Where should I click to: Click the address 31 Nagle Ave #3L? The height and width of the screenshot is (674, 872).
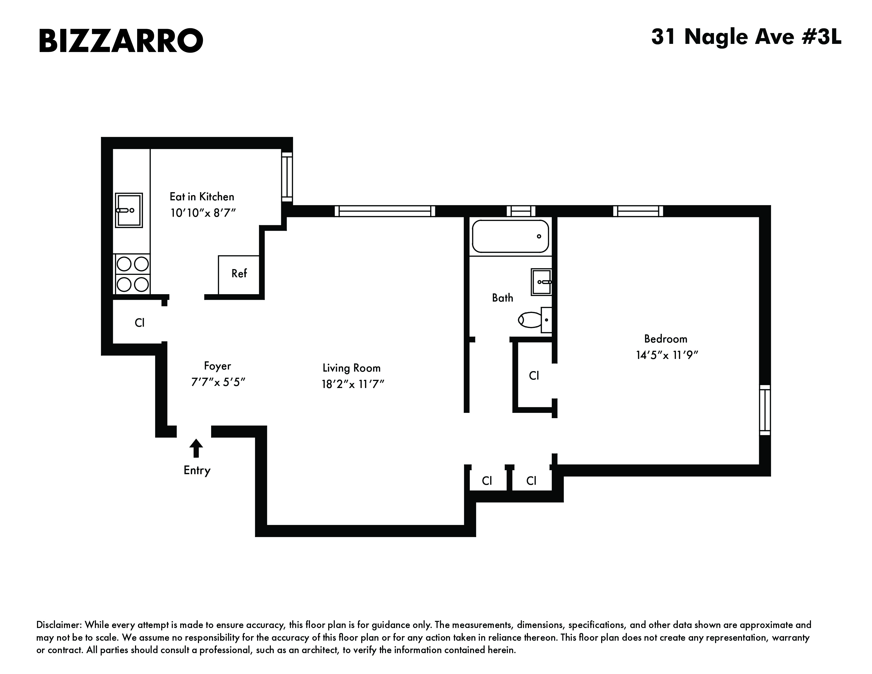coord(746,37)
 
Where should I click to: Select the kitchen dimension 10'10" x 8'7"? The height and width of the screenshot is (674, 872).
coord(203,213)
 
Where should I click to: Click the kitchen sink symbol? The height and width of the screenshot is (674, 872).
coord(129,210)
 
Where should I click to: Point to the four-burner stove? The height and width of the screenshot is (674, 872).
coord(132,274)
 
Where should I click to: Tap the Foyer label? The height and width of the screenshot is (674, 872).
coord(217,366)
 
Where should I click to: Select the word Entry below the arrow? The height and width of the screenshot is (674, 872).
coord(197,470)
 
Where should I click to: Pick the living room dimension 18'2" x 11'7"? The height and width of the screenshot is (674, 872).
coord(352,384)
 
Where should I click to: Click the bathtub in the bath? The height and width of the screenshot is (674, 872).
coord(510,236)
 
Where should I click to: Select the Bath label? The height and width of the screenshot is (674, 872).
coord(502,298)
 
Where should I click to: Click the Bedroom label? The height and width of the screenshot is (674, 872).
coord(666,339)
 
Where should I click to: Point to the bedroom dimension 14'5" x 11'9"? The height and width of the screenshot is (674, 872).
coord(666,355)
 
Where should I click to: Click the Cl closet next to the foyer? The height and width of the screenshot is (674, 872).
coord(139,323)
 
